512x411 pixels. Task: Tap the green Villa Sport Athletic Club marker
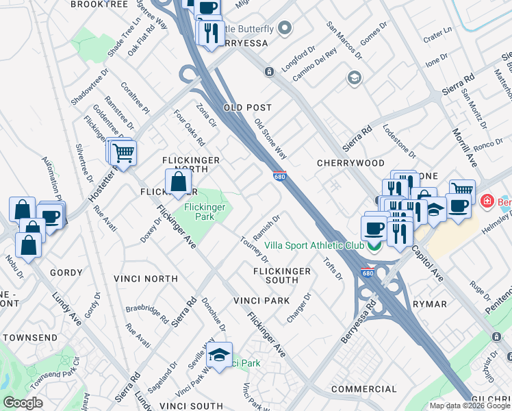pos(374,246)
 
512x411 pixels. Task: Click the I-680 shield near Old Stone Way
pos(279,176)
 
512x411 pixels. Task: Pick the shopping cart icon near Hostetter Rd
pos(124,153)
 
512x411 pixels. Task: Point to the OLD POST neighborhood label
pos(248,108)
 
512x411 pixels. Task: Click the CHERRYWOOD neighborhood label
pos(342,163)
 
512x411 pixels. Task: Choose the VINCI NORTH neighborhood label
pos(146,279)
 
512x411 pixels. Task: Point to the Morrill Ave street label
pos(463,147)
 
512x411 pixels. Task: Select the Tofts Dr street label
pos(333,269)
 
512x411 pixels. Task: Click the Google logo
pos(23,403)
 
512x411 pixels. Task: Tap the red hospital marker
pos(487,201)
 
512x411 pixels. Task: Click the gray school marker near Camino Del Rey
pos(354,77)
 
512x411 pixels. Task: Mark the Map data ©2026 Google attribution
pos(469,406)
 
